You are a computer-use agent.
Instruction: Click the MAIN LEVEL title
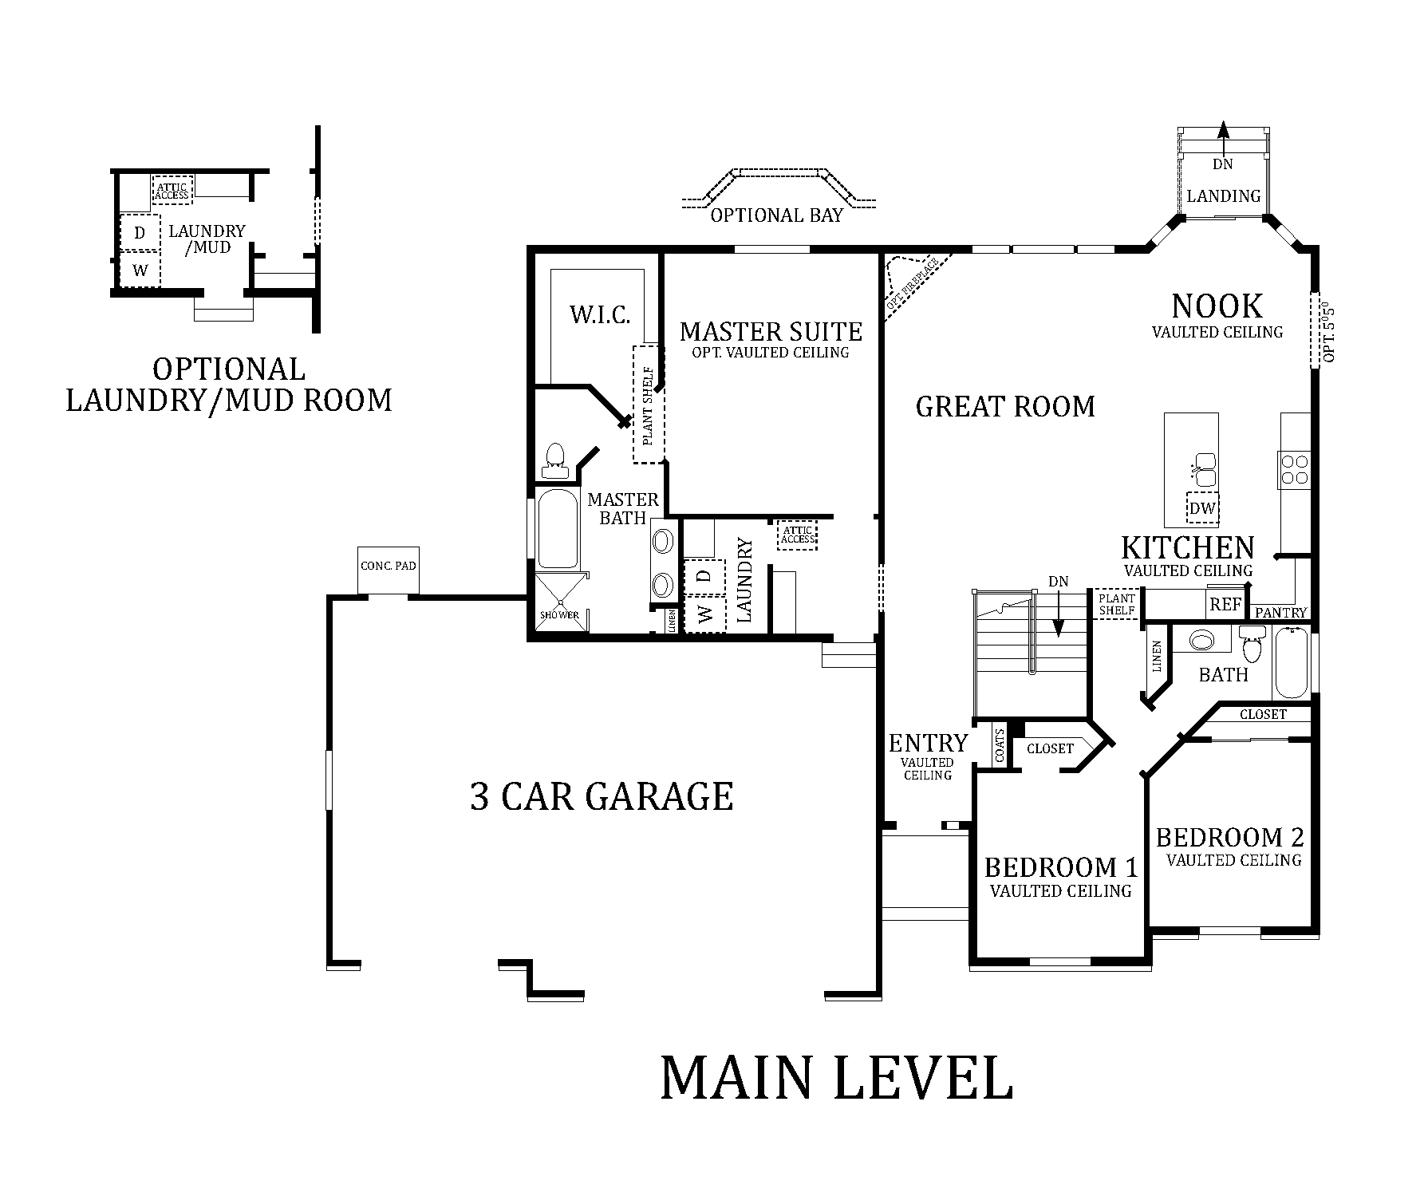(837, 1078)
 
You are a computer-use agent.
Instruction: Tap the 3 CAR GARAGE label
(602, 796)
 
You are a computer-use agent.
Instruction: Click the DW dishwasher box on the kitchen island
(1202, 508)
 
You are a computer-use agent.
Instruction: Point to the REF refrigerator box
(1225, 605)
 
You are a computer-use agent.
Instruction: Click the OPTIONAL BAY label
(775, 215)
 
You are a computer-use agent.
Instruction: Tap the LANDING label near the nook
(1223, 195)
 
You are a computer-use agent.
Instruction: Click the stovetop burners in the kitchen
(1294, 469)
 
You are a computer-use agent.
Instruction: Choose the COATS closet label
(999, 744)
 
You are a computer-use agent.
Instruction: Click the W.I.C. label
(600, 314)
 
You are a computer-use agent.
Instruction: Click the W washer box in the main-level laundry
(704, 614)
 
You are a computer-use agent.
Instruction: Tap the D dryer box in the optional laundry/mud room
(140, 233)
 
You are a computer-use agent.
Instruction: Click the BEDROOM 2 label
(1229, 837)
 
